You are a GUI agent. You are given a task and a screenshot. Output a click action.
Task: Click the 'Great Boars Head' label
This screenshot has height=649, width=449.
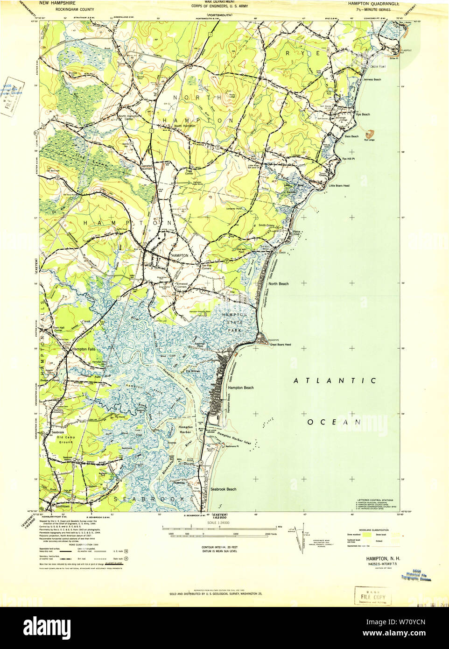click(281, 345)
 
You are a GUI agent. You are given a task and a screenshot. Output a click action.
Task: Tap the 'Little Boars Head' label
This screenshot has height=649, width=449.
click(339, 186)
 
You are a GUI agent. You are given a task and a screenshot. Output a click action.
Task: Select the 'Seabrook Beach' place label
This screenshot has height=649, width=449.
click(223, 489)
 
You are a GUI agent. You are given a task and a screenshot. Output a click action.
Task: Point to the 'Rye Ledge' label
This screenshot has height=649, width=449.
click(369, 140)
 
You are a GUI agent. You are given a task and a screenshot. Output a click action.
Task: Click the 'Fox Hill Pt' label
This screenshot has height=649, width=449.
click(349, 159)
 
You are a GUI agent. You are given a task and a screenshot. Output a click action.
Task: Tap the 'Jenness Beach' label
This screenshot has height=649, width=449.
click(372, 80)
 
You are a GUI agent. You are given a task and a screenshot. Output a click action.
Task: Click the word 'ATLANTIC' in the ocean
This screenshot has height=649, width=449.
click(335, 381)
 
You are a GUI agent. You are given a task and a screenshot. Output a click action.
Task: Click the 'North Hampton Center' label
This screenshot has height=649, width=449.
click(126, 118)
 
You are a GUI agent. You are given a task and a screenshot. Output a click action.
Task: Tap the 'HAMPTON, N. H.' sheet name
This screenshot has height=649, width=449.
click(383, 559)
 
